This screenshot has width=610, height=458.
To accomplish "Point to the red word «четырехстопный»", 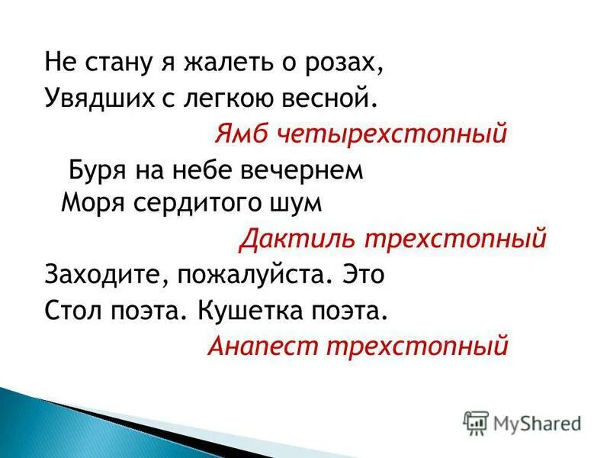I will (390, 134).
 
